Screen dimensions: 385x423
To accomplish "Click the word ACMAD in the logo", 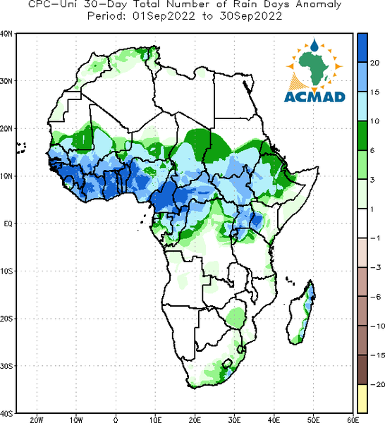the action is (x=314, y=97).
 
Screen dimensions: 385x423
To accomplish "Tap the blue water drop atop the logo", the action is (x=314, y=45).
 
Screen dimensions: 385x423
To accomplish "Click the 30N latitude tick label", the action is (x=6, y=81).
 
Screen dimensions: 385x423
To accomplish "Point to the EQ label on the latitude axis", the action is (x=8, y=223).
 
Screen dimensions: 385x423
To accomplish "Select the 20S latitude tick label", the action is (x=6, y=319).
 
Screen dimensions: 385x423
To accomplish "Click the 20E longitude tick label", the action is (x=195, y=419).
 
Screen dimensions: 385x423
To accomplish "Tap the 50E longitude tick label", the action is (x=314, y=419).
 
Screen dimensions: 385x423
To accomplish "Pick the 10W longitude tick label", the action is (x=76, y=419).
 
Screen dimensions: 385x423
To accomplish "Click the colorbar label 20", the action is (x=374, y=63).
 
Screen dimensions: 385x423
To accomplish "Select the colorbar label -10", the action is (x=377, y=326).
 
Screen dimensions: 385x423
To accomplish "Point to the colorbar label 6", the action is (x=372, y=151).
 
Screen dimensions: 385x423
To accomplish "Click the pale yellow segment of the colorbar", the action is (x=362, y=399).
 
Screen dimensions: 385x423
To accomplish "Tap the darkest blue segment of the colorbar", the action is (x=362, y=48).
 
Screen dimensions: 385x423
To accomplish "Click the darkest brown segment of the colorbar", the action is (x=362, y=369).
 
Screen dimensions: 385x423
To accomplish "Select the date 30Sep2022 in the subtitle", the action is (x=250, y=16).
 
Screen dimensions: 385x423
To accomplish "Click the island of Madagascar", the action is (x=301, y=313).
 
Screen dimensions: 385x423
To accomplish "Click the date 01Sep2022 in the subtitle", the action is (x=164, y=16).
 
